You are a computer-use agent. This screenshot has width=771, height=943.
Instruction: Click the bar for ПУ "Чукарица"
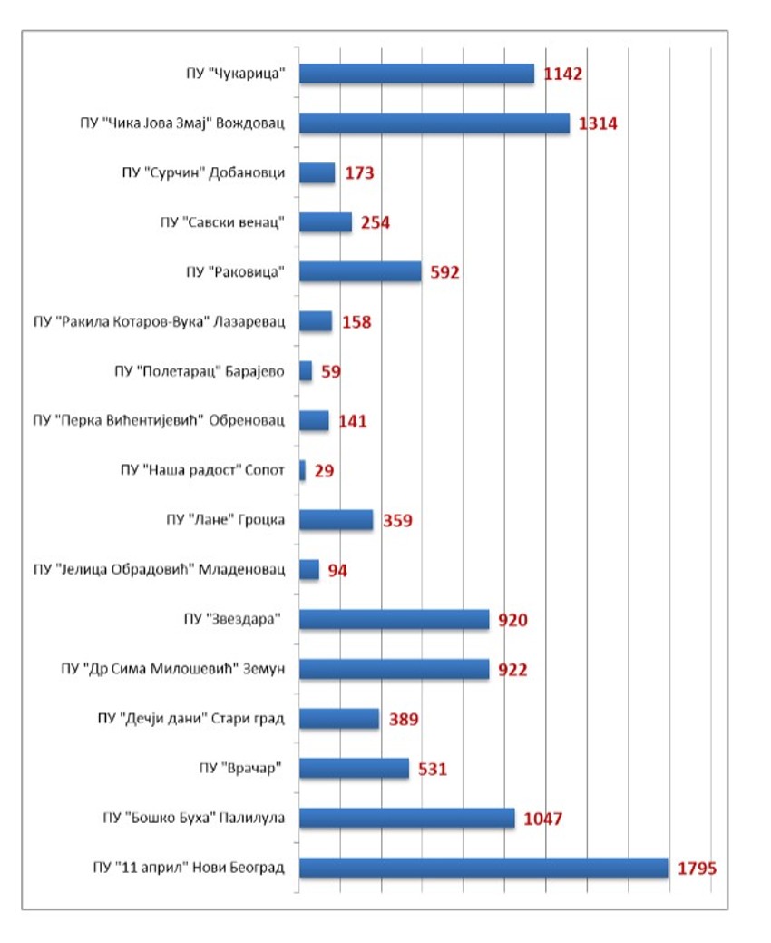coord(416,74)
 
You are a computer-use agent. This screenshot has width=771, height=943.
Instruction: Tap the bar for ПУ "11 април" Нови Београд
coord(483,868)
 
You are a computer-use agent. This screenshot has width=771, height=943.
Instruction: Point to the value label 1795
coord(697,869)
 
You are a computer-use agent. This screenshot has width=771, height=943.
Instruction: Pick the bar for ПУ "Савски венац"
coord(325,222)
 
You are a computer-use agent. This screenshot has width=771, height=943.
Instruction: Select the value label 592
coord(445,272)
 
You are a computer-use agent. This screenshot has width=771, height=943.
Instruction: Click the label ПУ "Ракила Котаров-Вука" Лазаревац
coord(159,321)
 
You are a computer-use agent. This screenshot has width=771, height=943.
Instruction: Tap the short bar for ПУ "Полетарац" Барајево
coord(306,370)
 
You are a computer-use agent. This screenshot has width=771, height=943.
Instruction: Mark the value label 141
coord(352,421)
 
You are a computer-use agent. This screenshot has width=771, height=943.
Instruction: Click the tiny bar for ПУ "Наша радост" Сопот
coord(302,470)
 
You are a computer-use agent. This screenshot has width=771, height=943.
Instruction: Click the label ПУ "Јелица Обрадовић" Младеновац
coord(159,569)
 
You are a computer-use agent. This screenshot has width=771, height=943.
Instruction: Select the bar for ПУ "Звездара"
coord(394,620)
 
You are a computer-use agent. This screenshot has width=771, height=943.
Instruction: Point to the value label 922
coord(512,670)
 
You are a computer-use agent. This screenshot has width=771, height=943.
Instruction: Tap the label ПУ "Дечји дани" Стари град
coord(190,719)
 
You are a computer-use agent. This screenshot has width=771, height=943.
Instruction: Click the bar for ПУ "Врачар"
coord(354,769)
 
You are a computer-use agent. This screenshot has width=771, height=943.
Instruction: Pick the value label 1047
coord(543,819)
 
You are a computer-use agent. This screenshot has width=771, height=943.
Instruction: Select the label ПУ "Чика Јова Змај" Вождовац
coord(181,123)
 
